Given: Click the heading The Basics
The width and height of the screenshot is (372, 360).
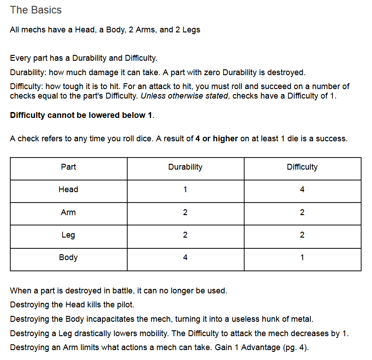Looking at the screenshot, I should click(36, 10).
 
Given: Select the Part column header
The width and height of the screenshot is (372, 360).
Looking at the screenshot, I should click(68, 167).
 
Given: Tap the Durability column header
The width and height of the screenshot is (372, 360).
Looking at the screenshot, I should click(185, 167).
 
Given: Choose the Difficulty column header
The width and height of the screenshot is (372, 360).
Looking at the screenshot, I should click(302, 167).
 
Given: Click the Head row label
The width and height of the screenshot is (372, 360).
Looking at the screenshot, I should click(68, 189).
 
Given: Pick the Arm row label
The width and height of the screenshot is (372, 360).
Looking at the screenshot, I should click(68, 212).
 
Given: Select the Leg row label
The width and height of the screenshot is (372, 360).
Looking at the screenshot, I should click(68, 235).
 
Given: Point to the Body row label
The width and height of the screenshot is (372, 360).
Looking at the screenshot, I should click(68, 257).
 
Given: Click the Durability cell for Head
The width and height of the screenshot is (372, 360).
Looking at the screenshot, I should click(185, 189).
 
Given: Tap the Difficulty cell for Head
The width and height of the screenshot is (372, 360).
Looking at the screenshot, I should click(302, 189).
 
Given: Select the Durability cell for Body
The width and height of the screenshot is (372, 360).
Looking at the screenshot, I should click(185, 257).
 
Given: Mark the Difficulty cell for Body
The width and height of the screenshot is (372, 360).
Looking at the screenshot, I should click(302, 257).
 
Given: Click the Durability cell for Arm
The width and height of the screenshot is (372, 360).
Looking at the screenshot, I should click(185, 212).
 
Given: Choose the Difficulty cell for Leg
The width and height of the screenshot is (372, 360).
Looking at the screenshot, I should click(302, 235).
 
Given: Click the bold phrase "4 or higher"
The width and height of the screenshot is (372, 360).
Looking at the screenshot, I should click(216, 139).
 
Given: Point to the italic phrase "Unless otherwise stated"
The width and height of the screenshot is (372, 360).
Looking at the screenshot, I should click(184, 96).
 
